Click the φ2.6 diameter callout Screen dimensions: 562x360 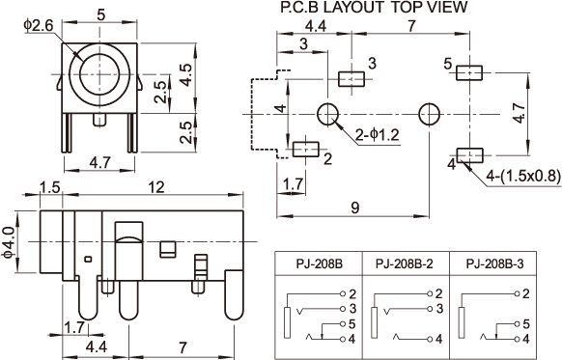click(x=39, y=26)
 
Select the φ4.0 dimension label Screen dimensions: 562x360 click(x=9, y=242)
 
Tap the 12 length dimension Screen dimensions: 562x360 click(x=155, y=187)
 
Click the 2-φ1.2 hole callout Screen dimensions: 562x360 click(x=377, y=135)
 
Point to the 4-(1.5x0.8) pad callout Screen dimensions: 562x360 click(x=522, y=176)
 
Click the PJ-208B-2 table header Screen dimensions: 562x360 click(x=405, y=264)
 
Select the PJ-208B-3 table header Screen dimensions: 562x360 click(x=494, y=264)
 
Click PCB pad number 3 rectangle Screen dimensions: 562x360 click(x=351, y=79)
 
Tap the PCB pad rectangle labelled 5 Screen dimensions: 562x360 click(x=469, y=73)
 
